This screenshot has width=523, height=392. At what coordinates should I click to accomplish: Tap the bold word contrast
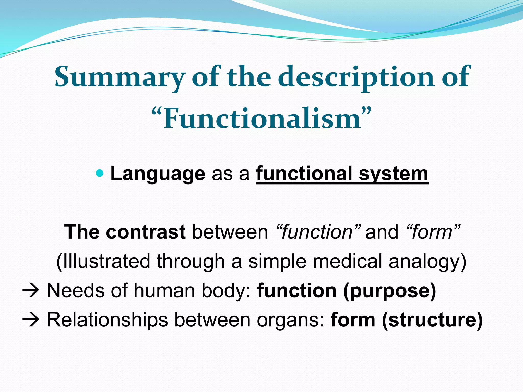[x=146, y=232]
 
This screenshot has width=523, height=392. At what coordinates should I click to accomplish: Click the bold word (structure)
[x=432, y=320]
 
